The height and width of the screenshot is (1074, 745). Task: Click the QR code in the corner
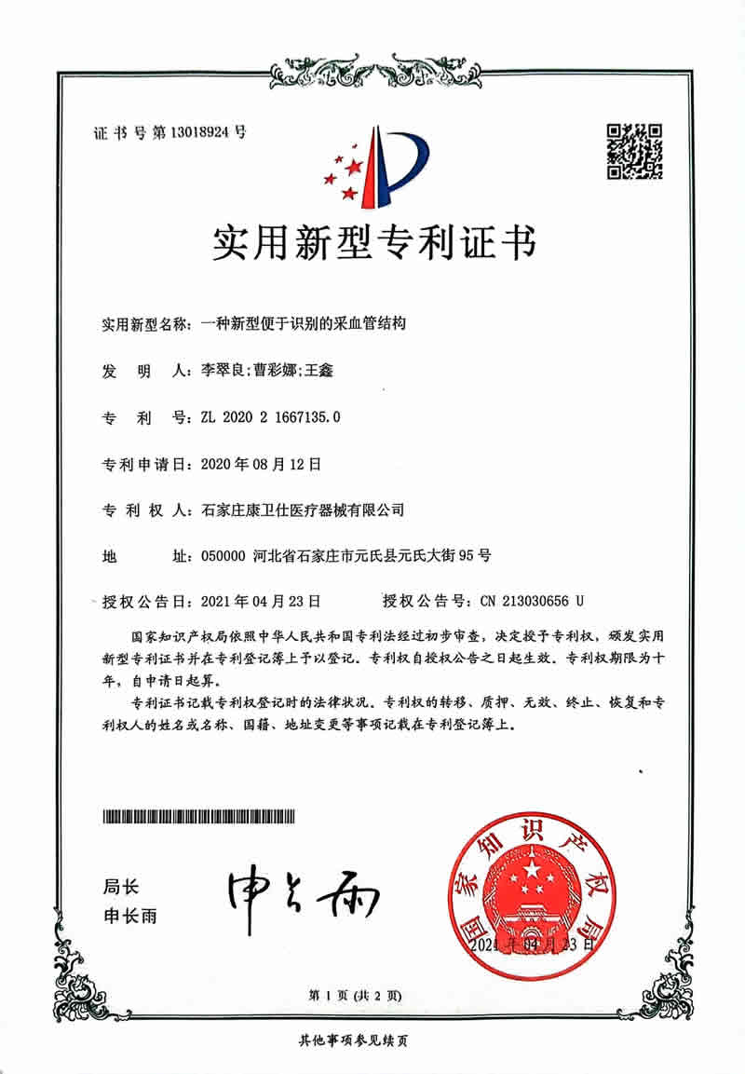point(634,151)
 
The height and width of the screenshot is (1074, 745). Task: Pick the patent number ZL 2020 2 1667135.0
point(270,417)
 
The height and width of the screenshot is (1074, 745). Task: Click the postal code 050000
point(223,556)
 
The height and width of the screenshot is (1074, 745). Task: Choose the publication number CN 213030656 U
point(532,601)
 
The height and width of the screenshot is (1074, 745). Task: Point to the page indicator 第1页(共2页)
point(350,996)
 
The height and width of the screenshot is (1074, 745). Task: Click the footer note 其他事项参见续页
point(353,1040)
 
